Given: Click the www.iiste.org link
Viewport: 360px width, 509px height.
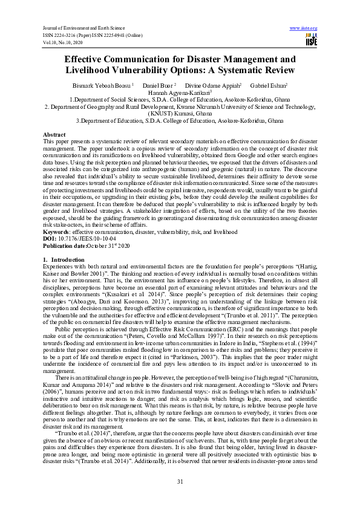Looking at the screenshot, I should pyautogui.click(x=304, y=28).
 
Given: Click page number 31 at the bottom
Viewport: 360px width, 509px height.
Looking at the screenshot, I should pyautogui.click(x=180, y=481).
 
